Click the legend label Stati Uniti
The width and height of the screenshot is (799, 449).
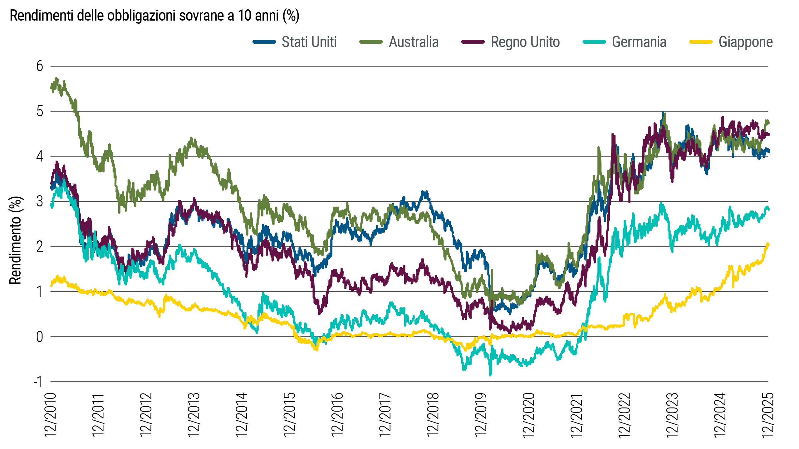309,42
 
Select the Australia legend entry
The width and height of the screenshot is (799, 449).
414,42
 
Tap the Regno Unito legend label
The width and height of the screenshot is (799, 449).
525,42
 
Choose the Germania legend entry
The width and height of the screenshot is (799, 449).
639,42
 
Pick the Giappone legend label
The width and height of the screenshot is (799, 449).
746,42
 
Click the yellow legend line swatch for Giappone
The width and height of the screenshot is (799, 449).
701,42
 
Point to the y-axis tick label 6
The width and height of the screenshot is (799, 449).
40,66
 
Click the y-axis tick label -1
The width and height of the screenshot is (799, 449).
38,382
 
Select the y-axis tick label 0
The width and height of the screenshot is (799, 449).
40,337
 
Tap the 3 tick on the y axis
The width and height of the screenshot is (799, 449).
40,201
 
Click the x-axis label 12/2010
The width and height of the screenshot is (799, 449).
51,415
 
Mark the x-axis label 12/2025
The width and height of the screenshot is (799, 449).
768,415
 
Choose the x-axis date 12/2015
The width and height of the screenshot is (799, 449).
290,415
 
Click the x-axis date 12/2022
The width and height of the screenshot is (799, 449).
625,415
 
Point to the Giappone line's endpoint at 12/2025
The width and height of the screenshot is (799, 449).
768,244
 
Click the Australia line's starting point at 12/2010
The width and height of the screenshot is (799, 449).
51,88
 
